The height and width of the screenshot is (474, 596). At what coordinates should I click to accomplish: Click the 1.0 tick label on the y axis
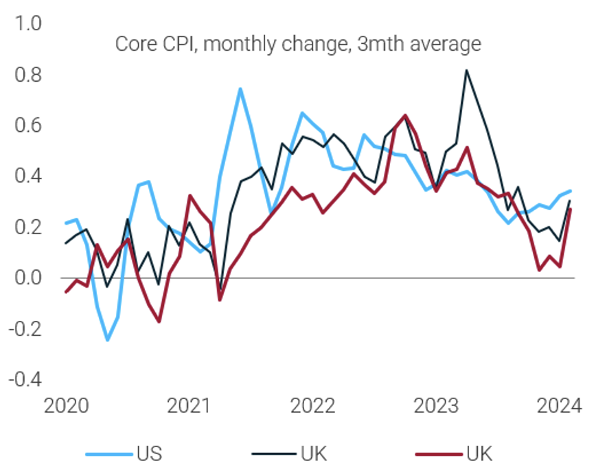[29, 24]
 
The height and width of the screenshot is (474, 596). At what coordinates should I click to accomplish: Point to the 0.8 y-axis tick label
[29, 75]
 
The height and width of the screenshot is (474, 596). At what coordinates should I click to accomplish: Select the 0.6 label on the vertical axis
[29, 126]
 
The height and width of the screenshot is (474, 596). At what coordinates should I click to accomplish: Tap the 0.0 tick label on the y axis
[29, 278]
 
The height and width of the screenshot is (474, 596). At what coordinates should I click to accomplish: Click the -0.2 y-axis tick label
[26, 329]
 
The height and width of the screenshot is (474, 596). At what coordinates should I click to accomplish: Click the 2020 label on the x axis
[66, 406]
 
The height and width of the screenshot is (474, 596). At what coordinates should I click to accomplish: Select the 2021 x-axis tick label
[189, 406]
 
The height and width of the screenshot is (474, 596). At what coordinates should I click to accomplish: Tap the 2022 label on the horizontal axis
[312, 406]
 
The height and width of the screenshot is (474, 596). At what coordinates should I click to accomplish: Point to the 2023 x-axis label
[436, 406]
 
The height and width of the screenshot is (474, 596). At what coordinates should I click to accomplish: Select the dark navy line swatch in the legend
[272, 453]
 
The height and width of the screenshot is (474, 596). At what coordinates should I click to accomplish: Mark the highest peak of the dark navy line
[467, 69]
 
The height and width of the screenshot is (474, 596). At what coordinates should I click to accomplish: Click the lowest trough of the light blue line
[107, 340]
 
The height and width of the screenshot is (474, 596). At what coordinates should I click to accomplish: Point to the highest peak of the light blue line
[240, 89]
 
